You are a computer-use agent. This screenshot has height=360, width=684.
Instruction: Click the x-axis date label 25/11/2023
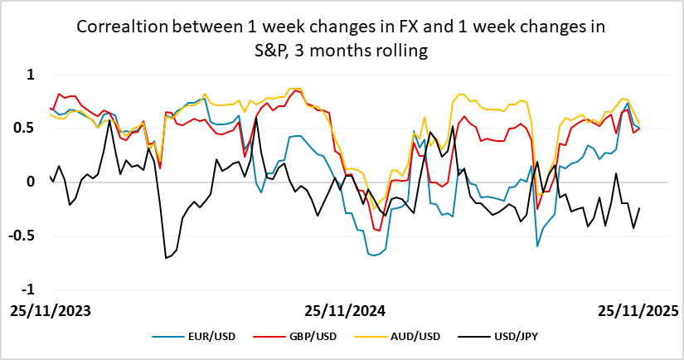[50, 311]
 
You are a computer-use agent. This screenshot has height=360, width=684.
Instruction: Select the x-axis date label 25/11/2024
[344, 311]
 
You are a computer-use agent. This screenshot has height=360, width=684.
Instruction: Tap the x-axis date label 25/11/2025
[638, 311]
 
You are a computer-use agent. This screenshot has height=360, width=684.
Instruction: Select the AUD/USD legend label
[412, 336]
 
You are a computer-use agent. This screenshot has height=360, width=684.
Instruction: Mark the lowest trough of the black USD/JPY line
[166, 258]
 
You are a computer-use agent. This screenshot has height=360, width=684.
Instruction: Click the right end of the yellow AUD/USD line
[639, 124]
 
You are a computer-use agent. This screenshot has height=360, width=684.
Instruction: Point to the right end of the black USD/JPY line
[639, 209]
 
